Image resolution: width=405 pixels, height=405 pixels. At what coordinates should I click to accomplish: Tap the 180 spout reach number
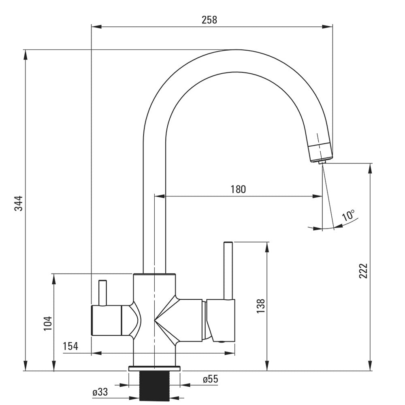[x=238, y=189]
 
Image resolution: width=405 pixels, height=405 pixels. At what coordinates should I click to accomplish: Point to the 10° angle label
[x=348, y=215]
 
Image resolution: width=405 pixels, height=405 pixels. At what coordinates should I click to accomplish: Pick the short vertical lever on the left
[x=103, y=292]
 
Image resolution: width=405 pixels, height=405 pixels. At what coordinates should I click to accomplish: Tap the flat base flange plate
[x=154, y=369]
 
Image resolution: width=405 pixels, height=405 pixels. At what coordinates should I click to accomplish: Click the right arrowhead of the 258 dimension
[x=329, y=27]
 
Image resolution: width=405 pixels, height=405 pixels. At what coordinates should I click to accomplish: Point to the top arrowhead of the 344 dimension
[x=26, y=53]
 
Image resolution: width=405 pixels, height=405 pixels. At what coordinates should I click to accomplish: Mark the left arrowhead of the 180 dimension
[x=159, y=197]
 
